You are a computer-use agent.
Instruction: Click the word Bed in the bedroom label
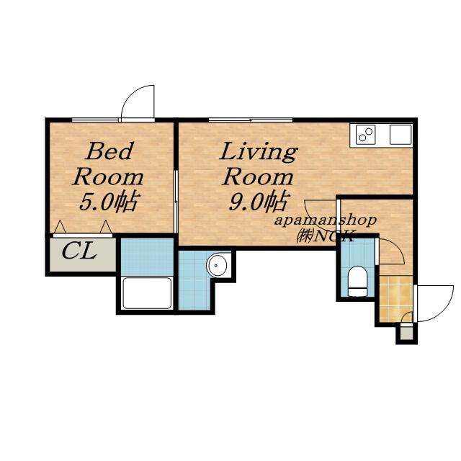click(x=109, y=151)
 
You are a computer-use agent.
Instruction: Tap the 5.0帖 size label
click(x=108, y=202)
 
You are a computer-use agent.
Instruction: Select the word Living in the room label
click(x=259, y=152)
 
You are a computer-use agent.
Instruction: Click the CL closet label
click(x=79, y=251)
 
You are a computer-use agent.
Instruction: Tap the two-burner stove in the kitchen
click(x=365, y=135)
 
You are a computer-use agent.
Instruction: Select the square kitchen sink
click(x=400, y=135)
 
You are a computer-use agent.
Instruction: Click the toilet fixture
click(x=357, y=281)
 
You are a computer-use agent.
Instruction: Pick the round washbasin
click(x=216, y=265)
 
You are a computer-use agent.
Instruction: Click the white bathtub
click(x=147, y=293)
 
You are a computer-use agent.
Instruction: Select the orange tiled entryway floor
click(x=396, y=299)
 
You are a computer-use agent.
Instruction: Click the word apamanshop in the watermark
click(x=325, y=220)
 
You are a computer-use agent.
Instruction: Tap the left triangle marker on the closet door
click(x=60, y=226)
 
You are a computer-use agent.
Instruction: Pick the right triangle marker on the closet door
click(x=106, y=226)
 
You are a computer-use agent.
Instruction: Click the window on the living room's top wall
click(x=251, y=120)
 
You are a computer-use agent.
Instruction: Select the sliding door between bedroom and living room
click(x=176, y=202)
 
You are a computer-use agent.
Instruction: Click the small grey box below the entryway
click(x=406, y=332)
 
